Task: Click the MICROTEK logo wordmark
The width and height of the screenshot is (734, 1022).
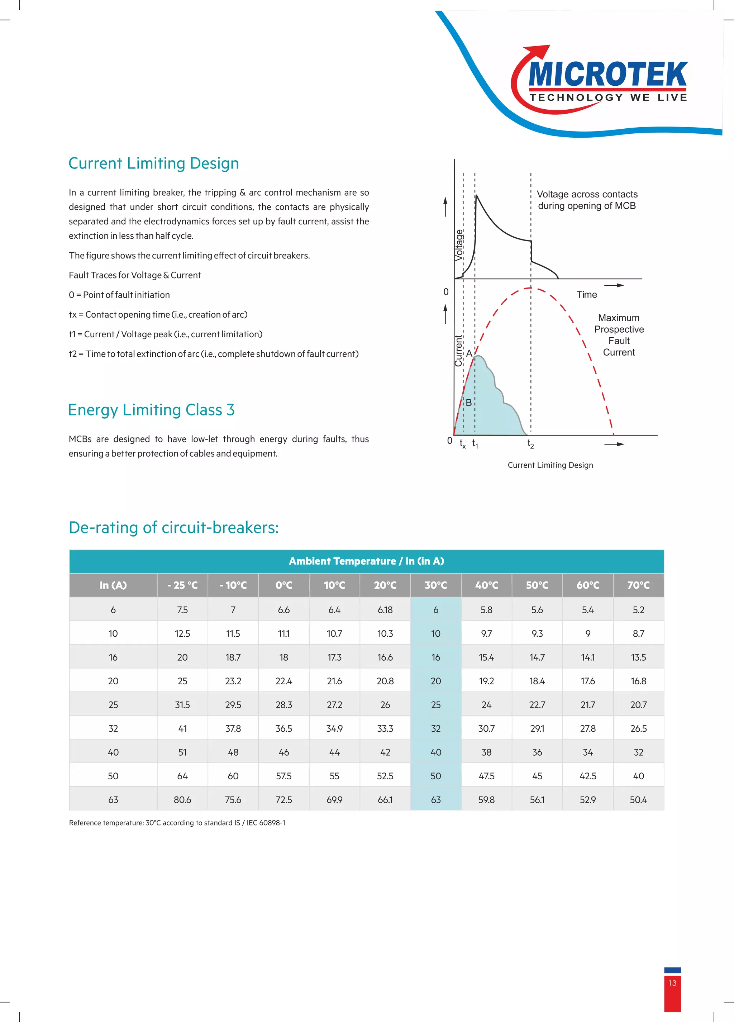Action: point(607,74)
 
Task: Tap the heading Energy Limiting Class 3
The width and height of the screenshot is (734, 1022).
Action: point(151,410)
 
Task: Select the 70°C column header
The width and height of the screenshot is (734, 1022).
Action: point(638,585)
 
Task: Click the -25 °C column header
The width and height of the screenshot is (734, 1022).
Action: point(182,585)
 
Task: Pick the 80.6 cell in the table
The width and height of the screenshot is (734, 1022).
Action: point(182,799)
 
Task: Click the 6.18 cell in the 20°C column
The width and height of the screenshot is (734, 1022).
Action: point(385,610)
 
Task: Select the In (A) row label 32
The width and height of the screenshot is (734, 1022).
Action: point(113,728)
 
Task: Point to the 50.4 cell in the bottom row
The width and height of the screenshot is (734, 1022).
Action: point(638,799)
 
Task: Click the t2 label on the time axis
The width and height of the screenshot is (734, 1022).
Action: point(530,444)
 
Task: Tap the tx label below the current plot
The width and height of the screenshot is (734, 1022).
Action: point(462,444)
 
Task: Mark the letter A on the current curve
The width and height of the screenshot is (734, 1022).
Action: point(469,354)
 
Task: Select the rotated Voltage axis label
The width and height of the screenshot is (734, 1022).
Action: point(459,245)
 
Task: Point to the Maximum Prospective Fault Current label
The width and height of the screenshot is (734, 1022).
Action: point(619,335)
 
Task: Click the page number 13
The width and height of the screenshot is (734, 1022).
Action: point(672,983)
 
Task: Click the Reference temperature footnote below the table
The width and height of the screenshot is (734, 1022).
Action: point(177,822)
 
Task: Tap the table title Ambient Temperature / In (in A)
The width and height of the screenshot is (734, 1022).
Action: point(366,561)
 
